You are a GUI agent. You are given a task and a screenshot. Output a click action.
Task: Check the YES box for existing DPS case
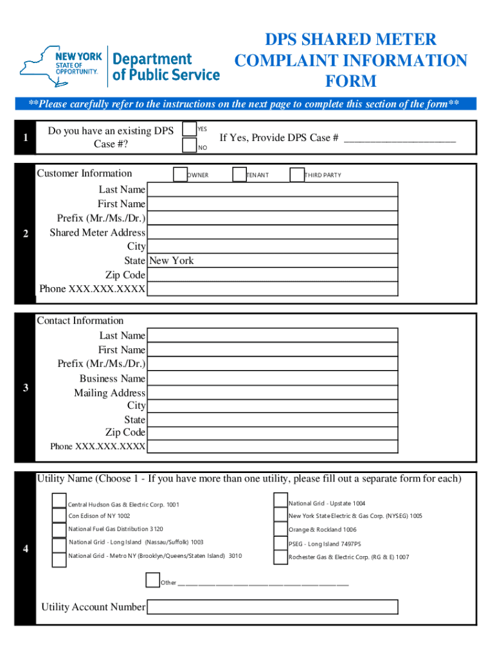[189, 129]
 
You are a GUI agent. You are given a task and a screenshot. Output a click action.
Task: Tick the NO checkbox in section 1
[189, 146]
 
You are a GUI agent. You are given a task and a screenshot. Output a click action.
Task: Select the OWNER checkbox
[179, 174]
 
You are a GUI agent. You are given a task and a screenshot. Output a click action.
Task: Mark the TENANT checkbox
[239, 174]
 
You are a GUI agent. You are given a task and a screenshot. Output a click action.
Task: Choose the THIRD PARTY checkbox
[296, 174]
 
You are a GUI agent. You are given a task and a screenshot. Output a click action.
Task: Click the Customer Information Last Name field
[272, 189]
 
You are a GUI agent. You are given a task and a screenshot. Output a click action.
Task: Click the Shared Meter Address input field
[272, 232]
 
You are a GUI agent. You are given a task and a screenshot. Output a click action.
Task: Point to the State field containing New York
[272, 261]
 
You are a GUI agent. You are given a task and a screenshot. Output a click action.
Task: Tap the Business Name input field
[272, 378]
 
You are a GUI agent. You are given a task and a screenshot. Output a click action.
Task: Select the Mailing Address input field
[272, 393]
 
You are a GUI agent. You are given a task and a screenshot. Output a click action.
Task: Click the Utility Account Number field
[272, 607]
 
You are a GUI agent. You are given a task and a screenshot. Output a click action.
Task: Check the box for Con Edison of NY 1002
[59, 515]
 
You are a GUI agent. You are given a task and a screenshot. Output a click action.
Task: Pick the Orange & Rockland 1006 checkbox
[280, 529]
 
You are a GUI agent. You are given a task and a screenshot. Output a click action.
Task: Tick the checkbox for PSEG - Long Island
[280, 544]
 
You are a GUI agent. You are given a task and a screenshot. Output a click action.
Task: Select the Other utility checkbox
[152, 581]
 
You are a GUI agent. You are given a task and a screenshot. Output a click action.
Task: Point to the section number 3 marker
[25, 387]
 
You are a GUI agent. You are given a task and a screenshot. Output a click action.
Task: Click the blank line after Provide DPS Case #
[400, 138]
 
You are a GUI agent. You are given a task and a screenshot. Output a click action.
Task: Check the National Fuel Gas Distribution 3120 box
[59, 529]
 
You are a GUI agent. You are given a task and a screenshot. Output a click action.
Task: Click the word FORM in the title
[350, 82]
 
